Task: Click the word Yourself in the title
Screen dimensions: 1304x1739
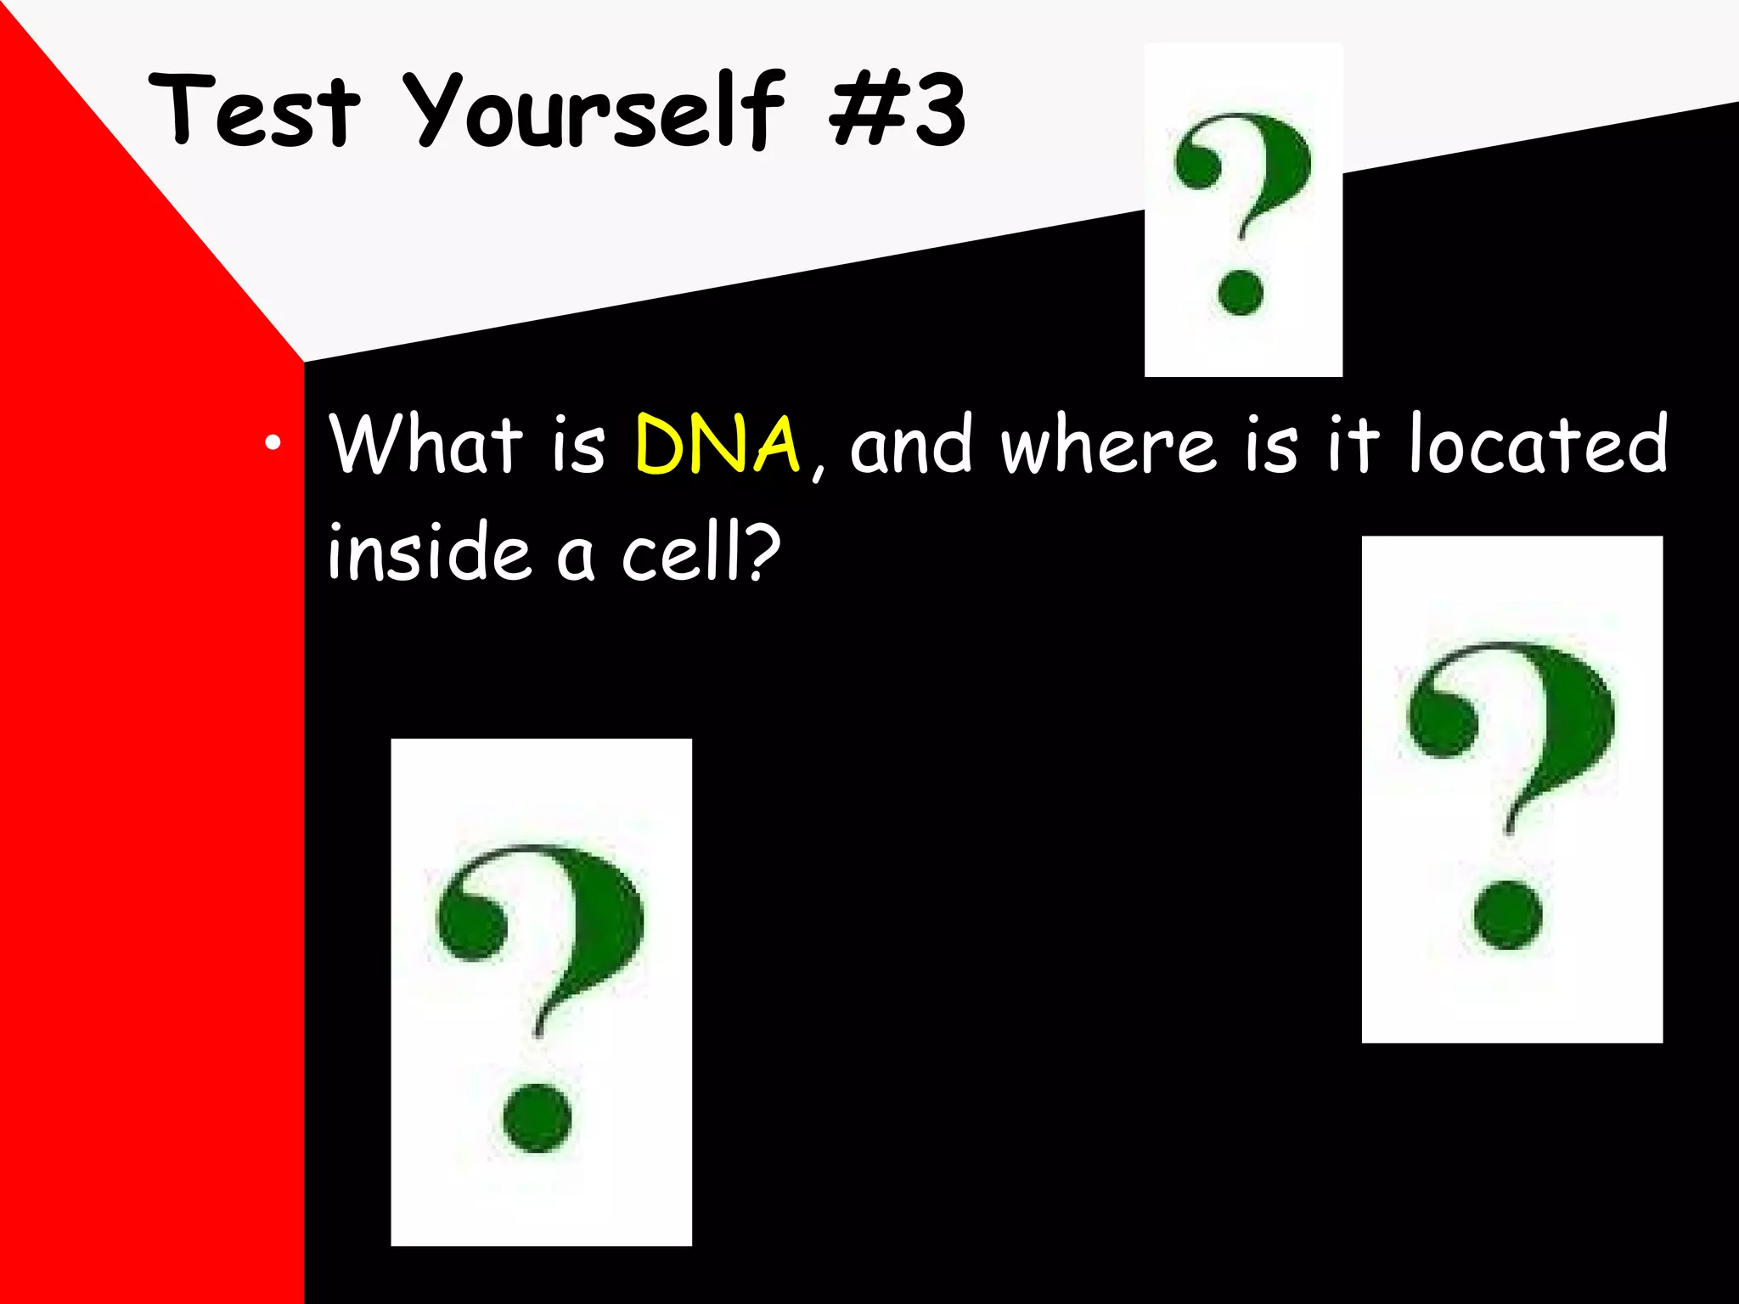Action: coord(593,112)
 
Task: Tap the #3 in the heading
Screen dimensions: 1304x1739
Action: coord(898,112)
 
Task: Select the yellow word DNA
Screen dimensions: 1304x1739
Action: coord(718,444)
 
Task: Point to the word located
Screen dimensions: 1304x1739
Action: coord(1538,444)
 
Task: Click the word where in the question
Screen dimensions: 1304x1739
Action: coord(1108,446)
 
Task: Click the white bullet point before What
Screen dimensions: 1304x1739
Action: coord(272,442)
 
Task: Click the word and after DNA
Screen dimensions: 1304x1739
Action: coord(911,446)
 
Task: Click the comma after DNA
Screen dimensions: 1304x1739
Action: coord(817,469)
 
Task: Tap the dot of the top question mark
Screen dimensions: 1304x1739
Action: coord(1241,292)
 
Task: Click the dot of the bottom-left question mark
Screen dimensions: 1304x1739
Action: coord(537,1117)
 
